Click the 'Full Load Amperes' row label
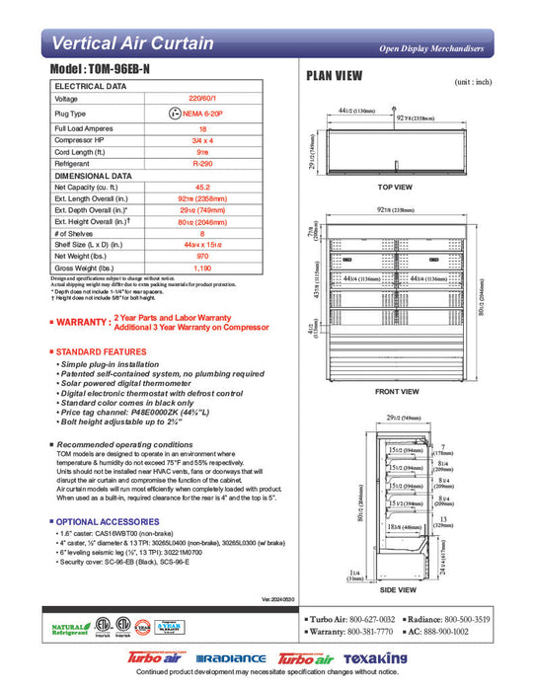click(x=83, y=128)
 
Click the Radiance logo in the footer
click(x=231, y=658)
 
